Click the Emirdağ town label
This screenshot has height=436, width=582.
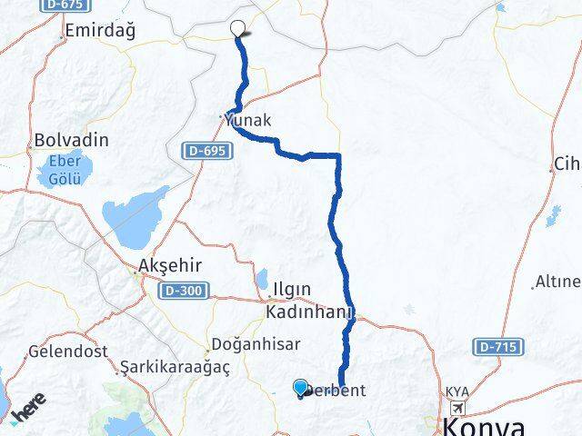[101, 32]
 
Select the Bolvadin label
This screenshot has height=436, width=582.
[71, 141]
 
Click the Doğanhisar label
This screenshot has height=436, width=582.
[246, 344]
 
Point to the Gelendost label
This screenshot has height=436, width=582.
[68, 351]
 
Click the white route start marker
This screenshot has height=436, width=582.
[239, 28]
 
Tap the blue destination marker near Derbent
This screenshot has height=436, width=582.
[301, 388]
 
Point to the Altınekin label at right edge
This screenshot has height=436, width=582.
[557, 281]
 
